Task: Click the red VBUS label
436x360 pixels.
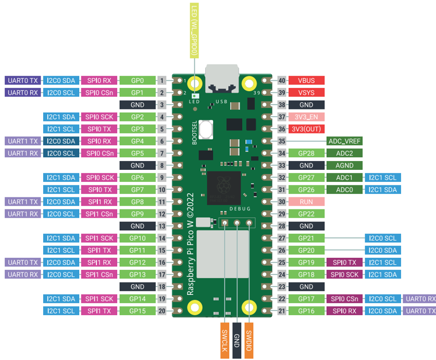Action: [306, 80]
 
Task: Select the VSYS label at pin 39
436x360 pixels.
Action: [306, 93]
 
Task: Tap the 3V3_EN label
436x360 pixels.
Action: [306, 117]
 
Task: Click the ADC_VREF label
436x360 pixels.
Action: [344, 141]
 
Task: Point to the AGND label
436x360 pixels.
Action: [344, 165]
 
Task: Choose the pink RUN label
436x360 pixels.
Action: [306, 202]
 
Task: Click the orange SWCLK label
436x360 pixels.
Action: [225, 341]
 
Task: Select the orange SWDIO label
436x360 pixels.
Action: [249, 341]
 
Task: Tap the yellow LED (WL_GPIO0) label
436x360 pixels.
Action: [194, 30]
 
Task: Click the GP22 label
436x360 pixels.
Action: [306, 214]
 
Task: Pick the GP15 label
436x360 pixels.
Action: [138, 311]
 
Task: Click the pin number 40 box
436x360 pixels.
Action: [282, 80]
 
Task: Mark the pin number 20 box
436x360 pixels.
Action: [162, 311]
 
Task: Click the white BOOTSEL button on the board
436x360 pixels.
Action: [206, 129]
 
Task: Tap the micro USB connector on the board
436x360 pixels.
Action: [222, 79]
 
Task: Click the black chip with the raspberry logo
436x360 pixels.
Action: [224, 188]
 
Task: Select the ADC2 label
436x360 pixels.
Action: [344, 153]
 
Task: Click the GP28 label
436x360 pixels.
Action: [306, 153]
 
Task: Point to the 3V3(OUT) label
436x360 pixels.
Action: [306, 129]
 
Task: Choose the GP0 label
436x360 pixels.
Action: [138, 80]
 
